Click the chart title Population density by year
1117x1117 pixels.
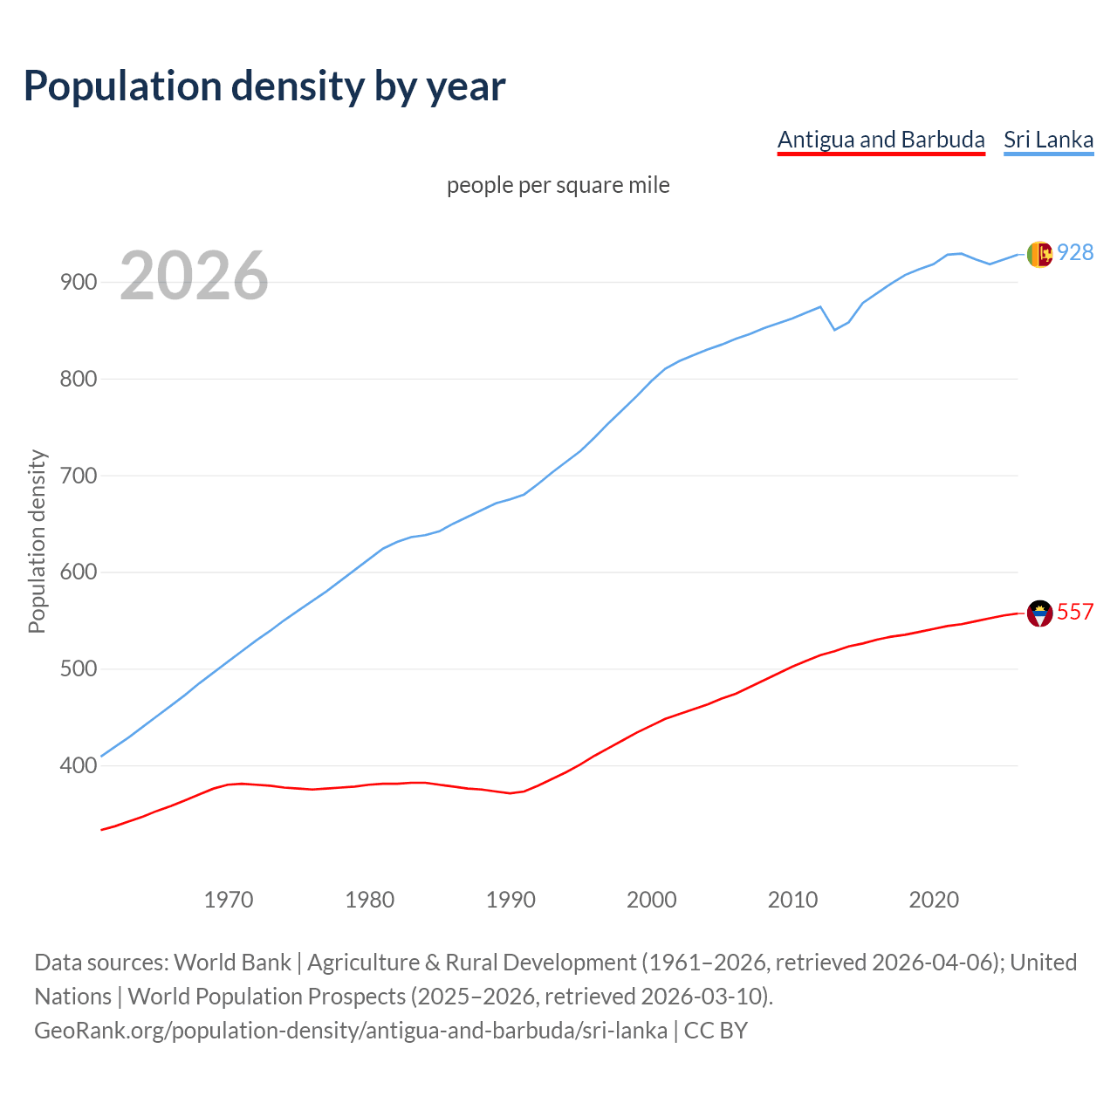tap(264, 86)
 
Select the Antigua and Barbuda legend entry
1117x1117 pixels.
tap(881, 140)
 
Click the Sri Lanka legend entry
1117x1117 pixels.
tap(1048, 140)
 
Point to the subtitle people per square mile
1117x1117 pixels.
tap(558, 185)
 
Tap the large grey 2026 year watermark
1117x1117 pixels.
tap(194, 276)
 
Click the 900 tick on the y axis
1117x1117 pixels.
tap(79, 283)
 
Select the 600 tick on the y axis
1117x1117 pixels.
tap(79, 572)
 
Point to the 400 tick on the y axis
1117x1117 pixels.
tap(79, 766)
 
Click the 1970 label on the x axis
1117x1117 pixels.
tap(229, 900)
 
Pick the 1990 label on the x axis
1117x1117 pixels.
tap(511, 900)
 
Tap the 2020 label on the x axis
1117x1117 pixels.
tap(934, 900)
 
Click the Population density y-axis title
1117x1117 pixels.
tap(37, 541)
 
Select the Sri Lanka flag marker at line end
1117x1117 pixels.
tap(1039, 254)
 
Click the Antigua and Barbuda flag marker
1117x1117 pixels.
tap(1039, 613)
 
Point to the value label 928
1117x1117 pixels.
tap(1075, 252)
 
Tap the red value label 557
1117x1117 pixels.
tap(1075, 612)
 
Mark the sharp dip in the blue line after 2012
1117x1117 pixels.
tap(835, 329)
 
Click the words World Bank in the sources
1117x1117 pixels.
tap(232, 963)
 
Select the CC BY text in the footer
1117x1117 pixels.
tap(716, 1031)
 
